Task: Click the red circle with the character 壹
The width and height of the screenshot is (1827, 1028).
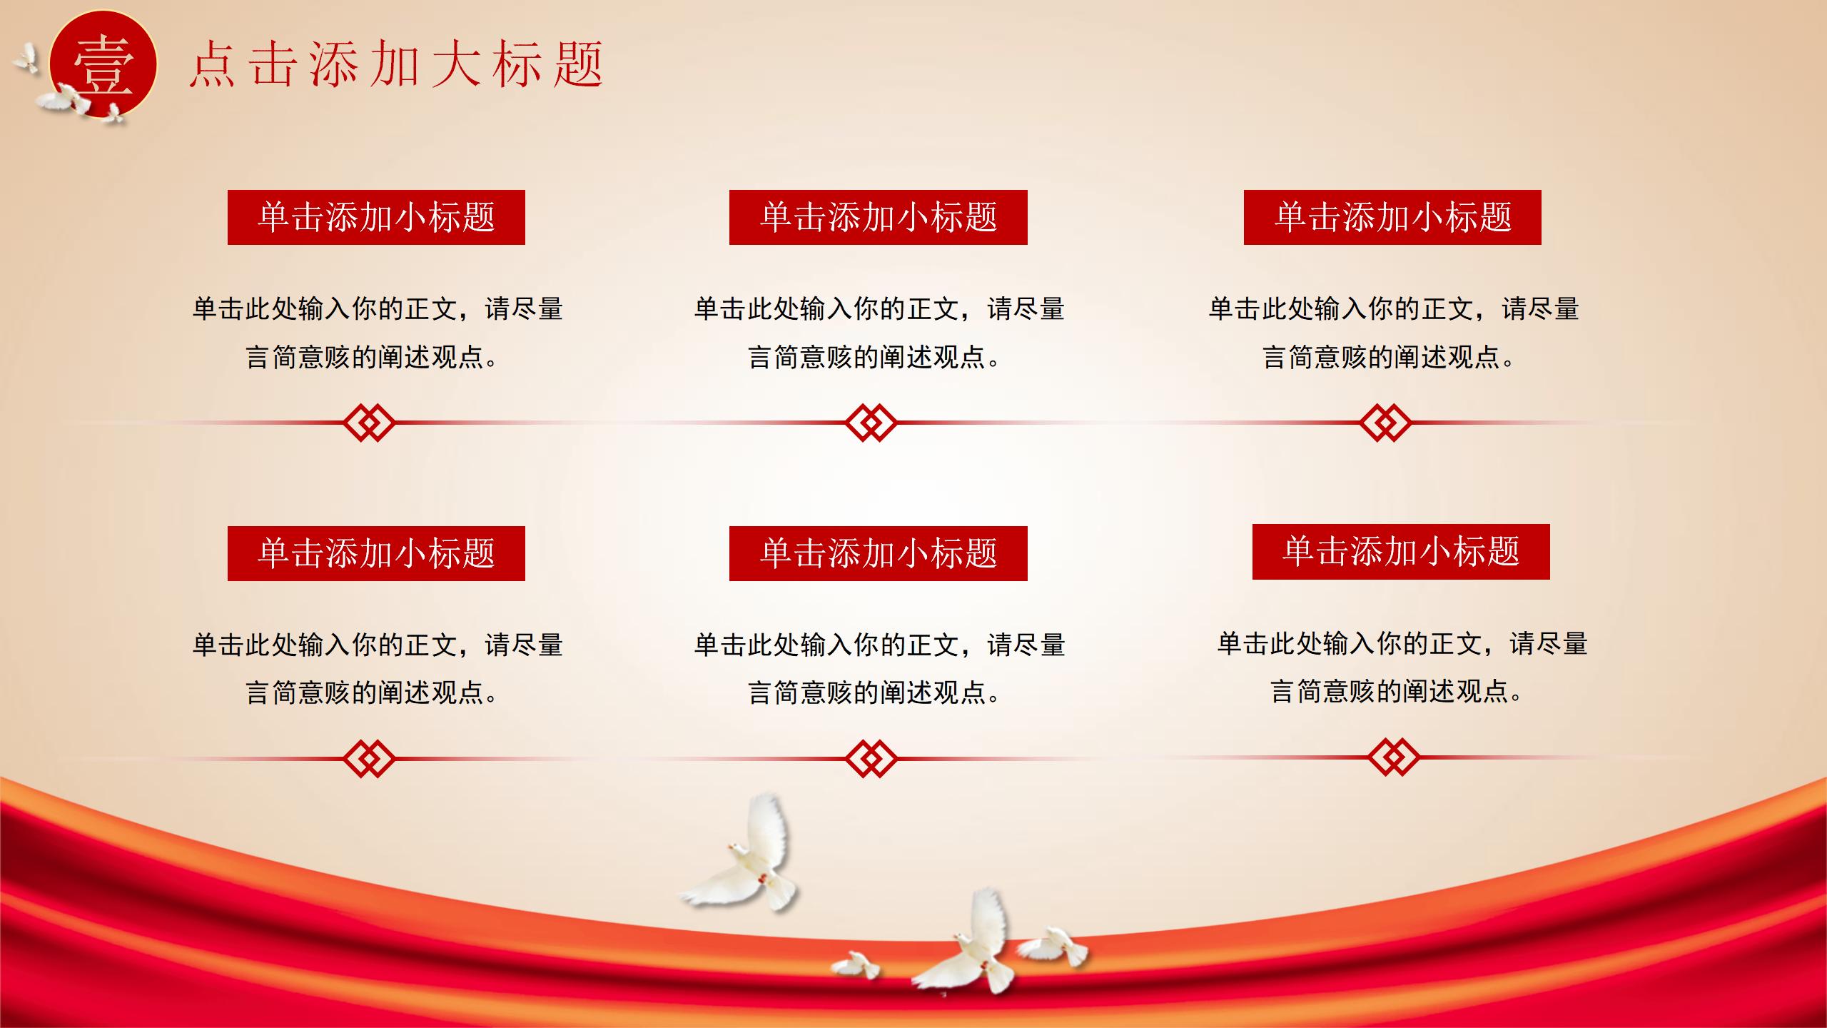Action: (x=103, y=64)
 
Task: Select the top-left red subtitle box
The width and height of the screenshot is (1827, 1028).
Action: (x=376, y=217)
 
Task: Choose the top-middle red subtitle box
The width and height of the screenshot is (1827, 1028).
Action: (x=879, y=217)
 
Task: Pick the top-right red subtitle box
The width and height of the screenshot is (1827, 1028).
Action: (x=1392, y=217)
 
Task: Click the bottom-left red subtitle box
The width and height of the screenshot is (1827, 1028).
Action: (x=376, y=553)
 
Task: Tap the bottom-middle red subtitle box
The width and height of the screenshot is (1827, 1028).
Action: (x=879, y=553)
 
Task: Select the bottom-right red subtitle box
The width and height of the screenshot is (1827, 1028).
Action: (x=1401, y=551)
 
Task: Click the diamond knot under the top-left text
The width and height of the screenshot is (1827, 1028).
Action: (x=368, y=423)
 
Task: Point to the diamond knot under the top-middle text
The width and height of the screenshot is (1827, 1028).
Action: (x=871, y=423)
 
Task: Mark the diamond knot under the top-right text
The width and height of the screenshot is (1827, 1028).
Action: (x=1385, y=423)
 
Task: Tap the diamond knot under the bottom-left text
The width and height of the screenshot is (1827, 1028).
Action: (x=368, y=758)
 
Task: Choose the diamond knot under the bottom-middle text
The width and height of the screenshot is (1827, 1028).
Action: (x=871, y=758)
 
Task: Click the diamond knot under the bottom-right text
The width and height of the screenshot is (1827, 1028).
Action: (x=1394, y=757)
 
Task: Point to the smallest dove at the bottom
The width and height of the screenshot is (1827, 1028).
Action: (x=856, y=965)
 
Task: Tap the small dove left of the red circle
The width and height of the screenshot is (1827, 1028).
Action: (x=26, y=59)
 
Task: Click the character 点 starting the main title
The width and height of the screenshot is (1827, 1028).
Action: (x=213, y=64)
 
